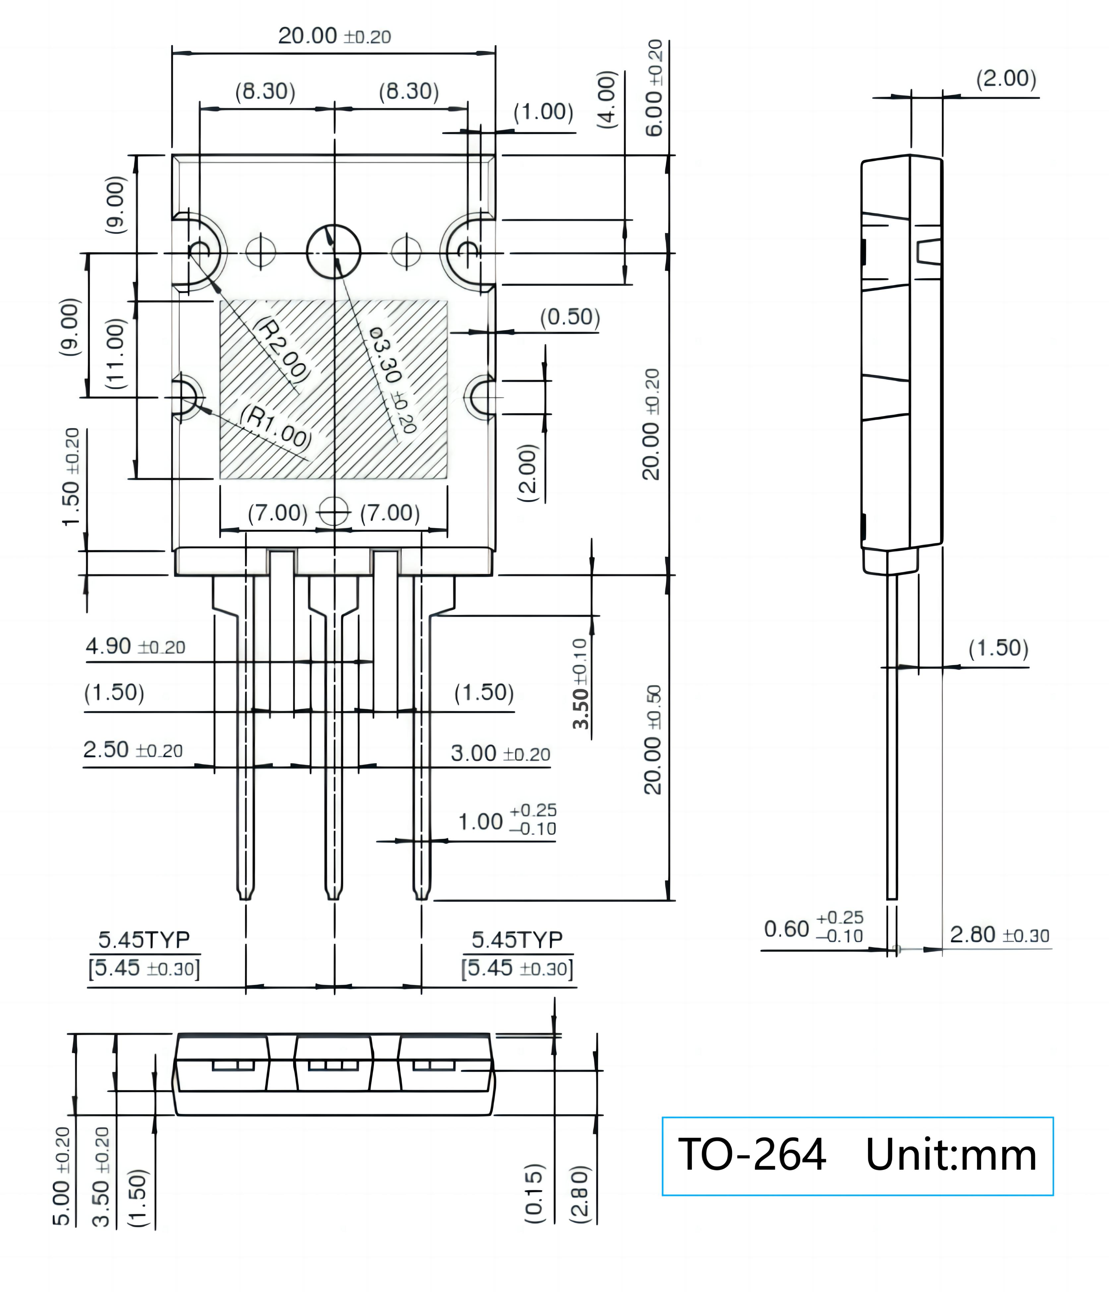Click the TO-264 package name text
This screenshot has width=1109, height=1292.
(752, 1155)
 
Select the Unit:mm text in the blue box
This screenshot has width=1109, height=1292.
(951, 1155)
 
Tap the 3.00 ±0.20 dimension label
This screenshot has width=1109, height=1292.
(500, 754)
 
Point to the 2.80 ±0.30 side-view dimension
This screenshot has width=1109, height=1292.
(999, 935)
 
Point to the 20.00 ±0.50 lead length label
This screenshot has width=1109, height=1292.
(652, 740)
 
